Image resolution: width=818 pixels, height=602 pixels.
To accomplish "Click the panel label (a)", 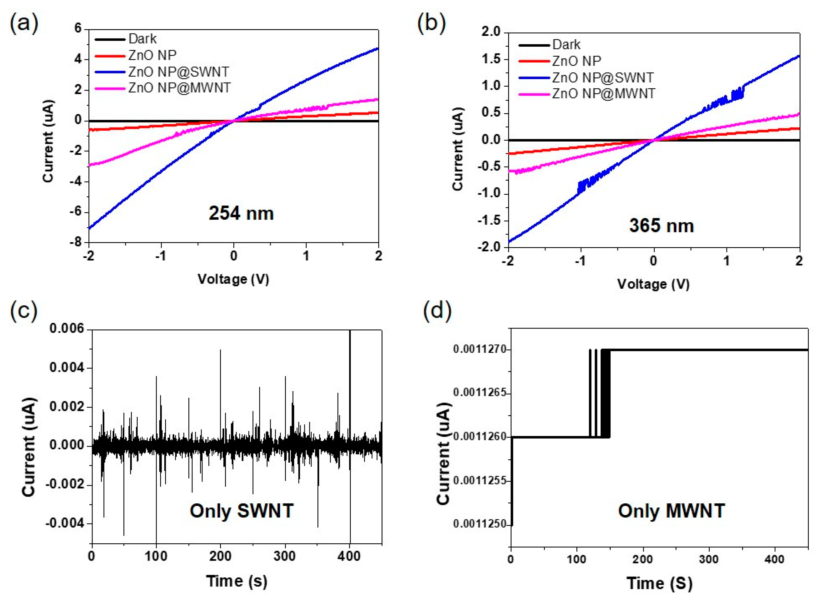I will click(24, 25).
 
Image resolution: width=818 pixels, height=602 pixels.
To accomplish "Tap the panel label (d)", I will click(437, 310).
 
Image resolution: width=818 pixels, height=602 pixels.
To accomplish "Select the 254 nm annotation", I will click(241, 213).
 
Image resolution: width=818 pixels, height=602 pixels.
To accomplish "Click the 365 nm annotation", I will click(661, 226).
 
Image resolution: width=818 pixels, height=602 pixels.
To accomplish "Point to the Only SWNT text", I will click(242, 511).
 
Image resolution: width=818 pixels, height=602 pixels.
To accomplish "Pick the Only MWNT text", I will click(671, 511).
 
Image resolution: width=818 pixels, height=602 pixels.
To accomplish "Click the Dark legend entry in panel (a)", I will click(142, 39).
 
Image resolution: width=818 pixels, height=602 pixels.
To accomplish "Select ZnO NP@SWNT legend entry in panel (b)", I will click(603, 78).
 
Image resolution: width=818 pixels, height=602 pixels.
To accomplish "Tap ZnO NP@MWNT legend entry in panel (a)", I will click(179, 88).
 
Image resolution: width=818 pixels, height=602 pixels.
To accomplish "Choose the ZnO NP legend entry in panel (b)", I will click(576, 61).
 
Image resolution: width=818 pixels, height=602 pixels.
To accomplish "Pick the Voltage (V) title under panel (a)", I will click(233, 279).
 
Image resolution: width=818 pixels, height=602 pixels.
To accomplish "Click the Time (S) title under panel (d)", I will click(659, 583).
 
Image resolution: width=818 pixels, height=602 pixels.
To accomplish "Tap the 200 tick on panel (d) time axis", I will click(643, 559).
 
